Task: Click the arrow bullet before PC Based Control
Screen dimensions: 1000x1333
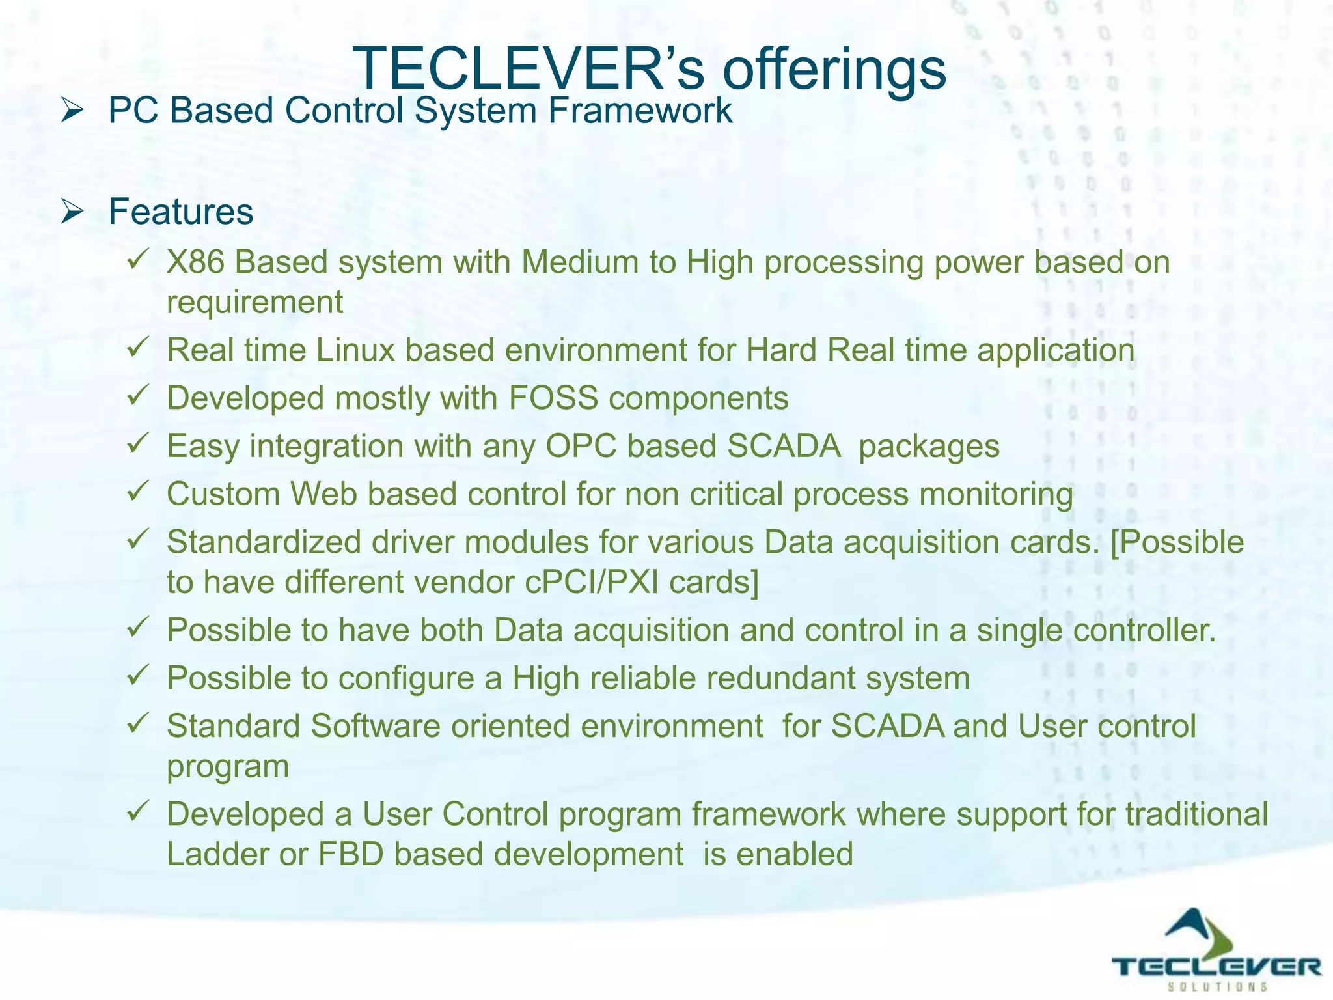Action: (x=72, y=110)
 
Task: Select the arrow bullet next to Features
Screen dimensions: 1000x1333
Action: (x=72, y=212)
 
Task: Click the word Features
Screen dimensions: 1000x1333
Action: (x=180, y=212)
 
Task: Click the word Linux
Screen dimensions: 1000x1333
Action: (x=355, y=350)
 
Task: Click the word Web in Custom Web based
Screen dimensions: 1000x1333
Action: (x=323, y=494)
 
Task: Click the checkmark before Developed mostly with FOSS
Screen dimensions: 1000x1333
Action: (x=139, y=395)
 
